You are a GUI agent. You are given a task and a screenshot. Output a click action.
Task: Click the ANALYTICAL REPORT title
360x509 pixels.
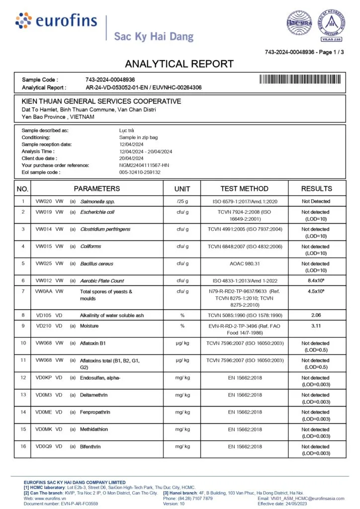point(179,64)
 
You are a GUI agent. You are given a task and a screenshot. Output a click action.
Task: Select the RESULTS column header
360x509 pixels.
point(316,189)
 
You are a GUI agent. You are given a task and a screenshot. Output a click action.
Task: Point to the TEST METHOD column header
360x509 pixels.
point(244,189)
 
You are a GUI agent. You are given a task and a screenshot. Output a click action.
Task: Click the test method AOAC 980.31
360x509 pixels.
point(245,264)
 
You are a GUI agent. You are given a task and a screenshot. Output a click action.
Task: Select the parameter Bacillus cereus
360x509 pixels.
point(96,264)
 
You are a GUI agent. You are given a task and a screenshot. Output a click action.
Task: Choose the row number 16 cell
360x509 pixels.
point(22,447)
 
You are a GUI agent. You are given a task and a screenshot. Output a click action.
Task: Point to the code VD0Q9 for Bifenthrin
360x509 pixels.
point(44,447)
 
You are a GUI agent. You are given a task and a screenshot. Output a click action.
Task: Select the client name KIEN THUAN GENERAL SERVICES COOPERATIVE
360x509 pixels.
point(101,101)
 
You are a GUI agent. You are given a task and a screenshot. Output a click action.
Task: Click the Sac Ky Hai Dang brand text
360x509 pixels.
point(153,36)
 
